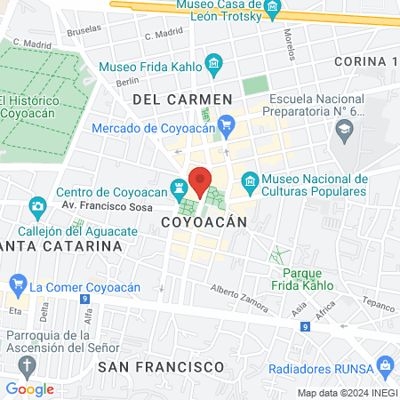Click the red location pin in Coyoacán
point(201,181)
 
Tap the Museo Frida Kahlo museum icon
point(213,65)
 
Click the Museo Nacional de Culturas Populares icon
point(250,185)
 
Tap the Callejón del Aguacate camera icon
point(37,209)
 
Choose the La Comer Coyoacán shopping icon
point(16,286)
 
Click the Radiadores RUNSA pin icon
point(384,364)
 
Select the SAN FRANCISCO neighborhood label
point(160,366)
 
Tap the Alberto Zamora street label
point(239,299)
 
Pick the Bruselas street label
point(84,28)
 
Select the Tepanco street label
point(377,304)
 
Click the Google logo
point(29,388)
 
